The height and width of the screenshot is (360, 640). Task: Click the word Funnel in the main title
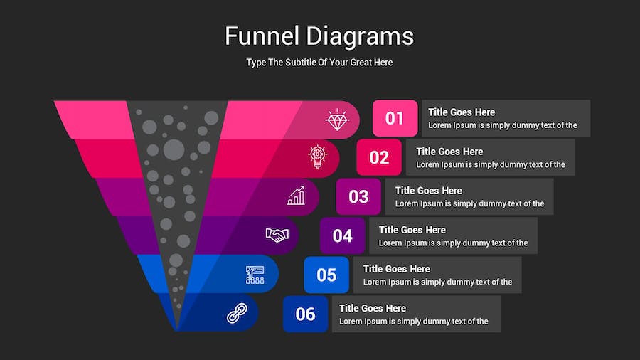point(262,36)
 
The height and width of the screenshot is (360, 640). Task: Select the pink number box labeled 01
point(395,118)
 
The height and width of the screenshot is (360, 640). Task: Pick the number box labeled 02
point(379,157)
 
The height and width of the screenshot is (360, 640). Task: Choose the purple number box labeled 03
point(358,196)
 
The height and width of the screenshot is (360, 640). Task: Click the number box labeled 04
point(342,235)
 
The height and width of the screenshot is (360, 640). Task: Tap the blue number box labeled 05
point(326,275)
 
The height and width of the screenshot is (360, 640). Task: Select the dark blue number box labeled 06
point(305,314)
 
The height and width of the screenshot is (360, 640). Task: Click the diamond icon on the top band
point(337,120)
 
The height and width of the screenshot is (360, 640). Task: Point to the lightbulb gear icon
point(318,157)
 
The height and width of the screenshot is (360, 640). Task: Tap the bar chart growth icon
point(297,196)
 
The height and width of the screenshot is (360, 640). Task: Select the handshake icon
point(277,235)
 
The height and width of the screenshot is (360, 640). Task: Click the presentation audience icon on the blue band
point(255,275)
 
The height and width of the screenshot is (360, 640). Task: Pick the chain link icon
point(237,313)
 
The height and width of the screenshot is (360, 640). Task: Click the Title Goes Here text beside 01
point(462,112)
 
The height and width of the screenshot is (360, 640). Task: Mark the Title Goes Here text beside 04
point(412,230)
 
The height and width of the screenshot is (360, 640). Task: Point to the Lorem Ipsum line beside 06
point(413,321)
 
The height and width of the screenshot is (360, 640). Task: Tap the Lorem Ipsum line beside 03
point(469,203)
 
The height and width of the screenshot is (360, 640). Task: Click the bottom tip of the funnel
point(177,330)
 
